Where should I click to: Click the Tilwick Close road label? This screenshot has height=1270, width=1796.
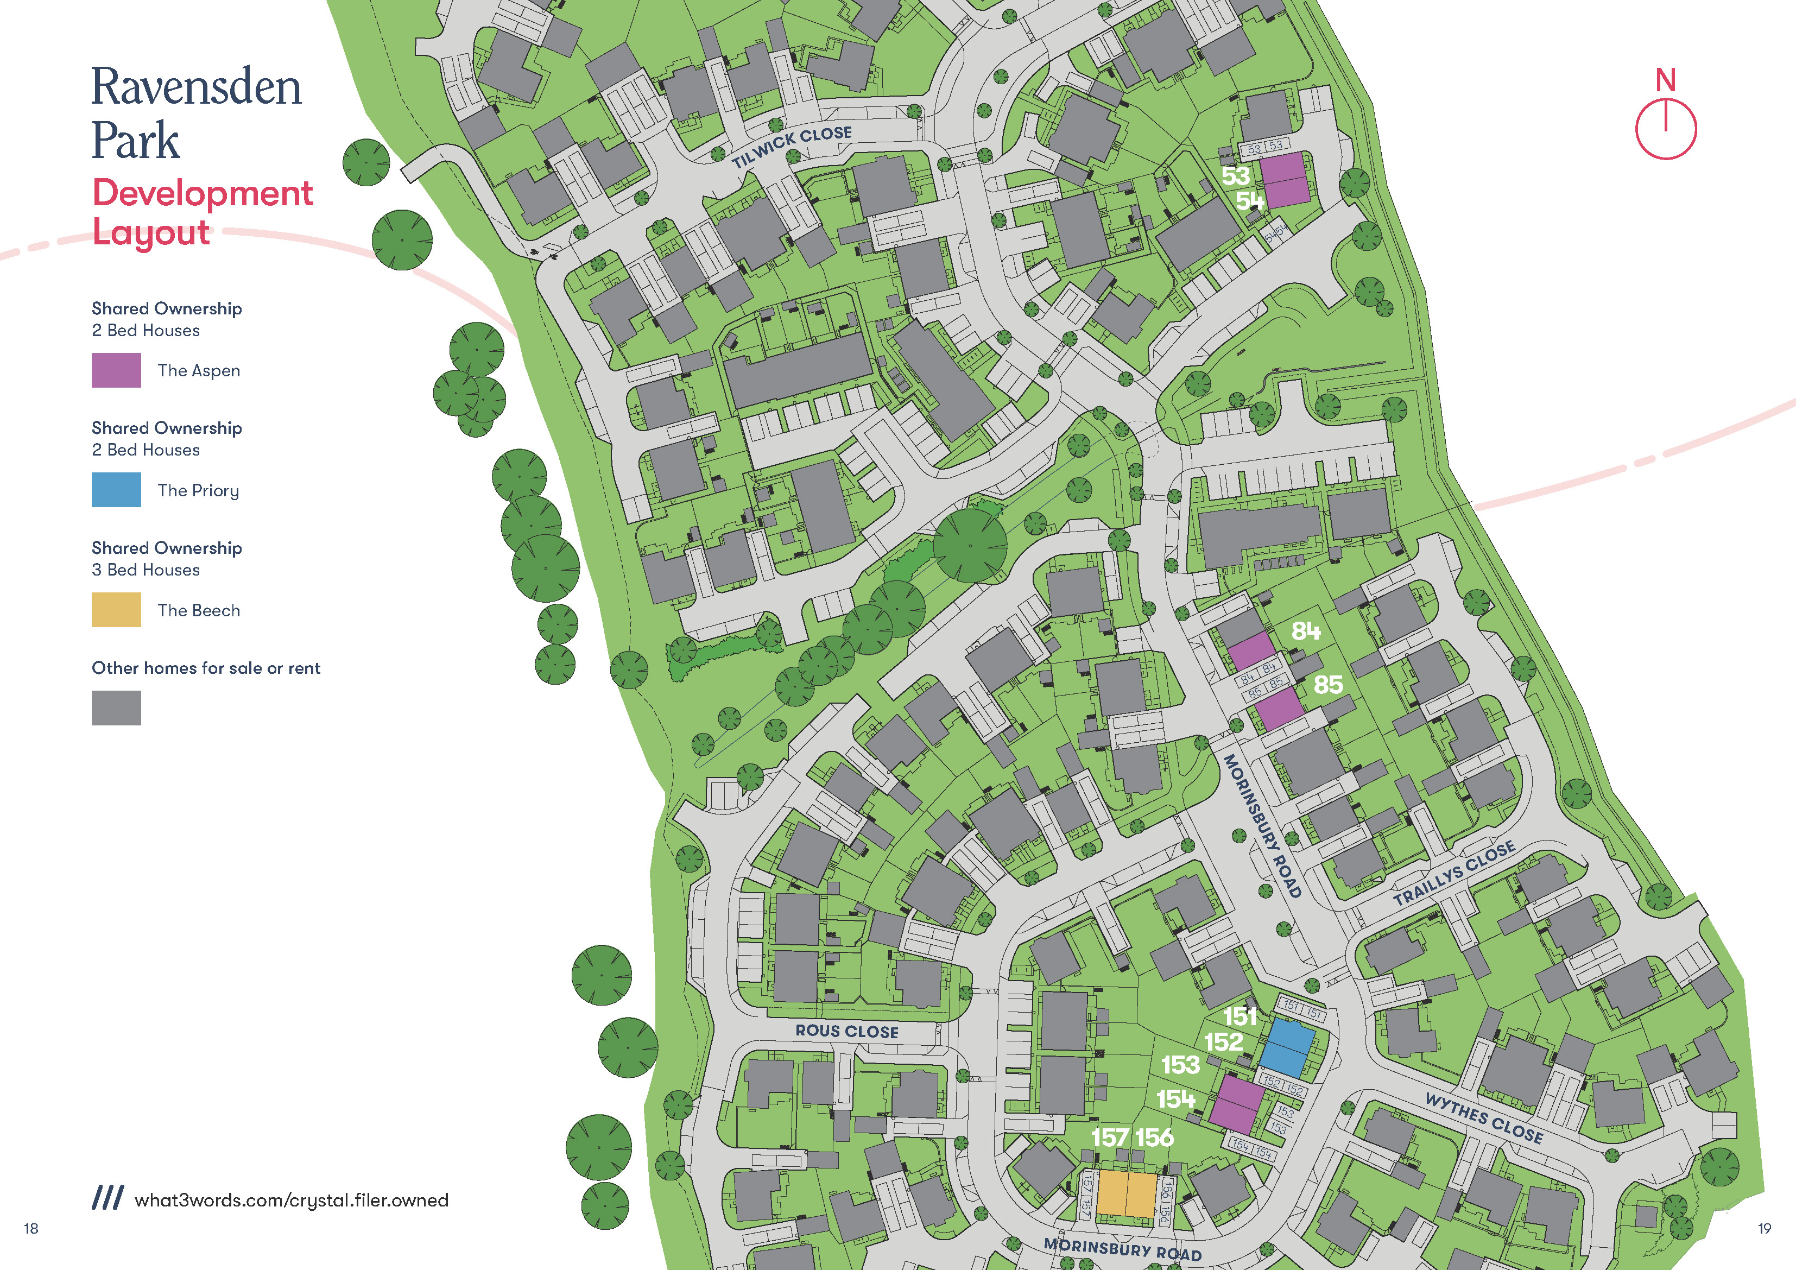point(791,146)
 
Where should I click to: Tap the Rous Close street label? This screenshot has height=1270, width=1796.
point(846,1031)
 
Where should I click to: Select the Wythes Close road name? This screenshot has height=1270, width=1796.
point(1483,1118)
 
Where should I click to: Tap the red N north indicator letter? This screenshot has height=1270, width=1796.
point(1665,80)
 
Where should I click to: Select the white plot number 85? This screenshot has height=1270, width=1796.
point(1327,685)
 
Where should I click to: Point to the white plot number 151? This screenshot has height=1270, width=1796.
point(1240,1016)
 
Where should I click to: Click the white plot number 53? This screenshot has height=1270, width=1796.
point(1235,175)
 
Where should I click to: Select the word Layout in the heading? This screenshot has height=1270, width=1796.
point(151,232)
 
